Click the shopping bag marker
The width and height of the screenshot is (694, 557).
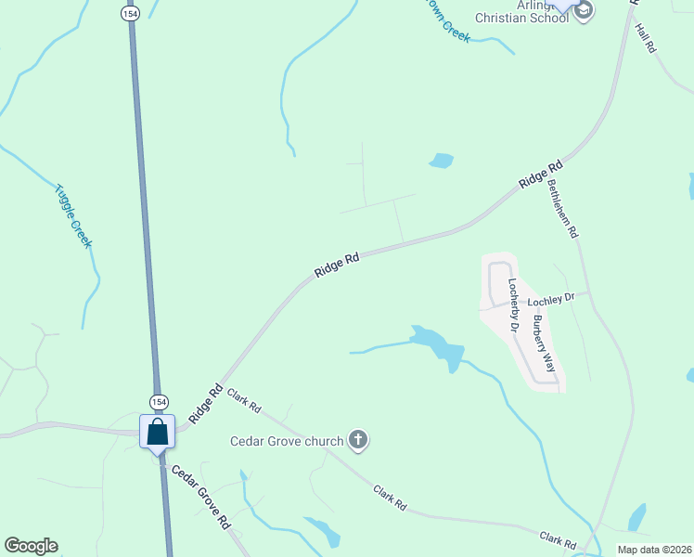[157, 433]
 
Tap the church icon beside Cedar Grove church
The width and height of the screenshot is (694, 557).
[358, 440]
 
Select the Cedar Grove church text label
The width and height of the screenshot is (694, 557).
[287, 440]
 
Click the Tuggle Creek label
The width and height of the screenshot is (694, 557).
[73, 214]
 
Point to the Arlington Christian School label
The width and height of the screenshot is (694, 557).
[522, 10]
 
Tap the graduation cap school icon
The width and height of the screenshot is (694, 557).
[584, 10]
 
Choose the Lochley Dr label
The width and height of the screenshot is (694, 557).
[551, 300]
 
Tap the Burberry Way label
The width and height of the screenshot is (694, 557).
[544, 343]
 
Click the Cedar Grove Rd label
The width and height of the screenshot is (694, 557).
[198, 493]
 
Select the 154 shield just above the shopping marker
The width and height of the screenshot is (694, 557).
[157, 401]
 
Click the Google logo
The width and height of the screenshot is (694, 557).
[31, 546]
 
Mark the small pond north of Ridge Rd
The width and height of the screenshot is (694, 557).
[441, 161]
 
